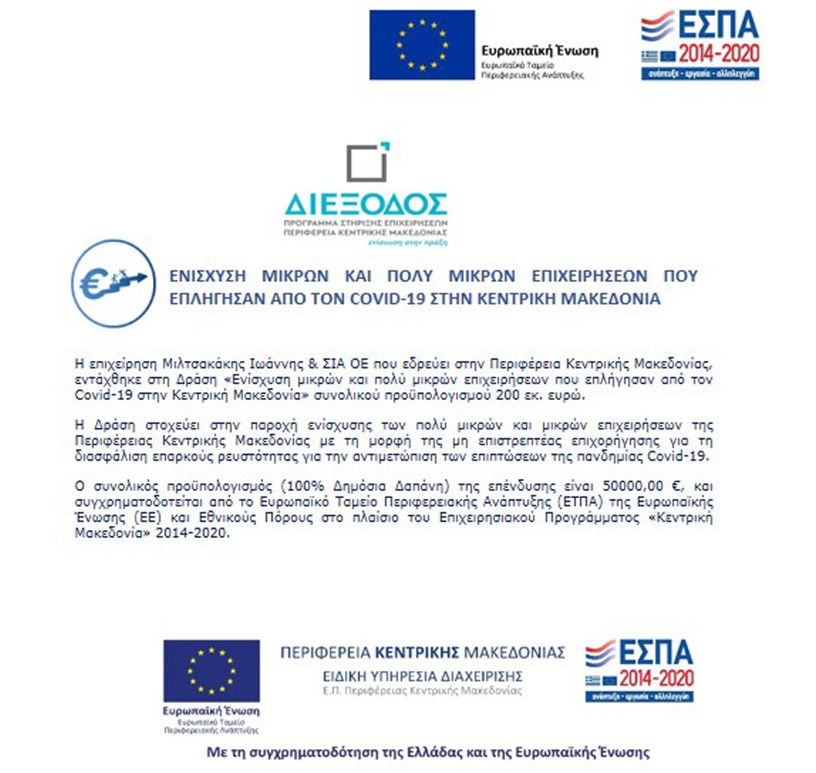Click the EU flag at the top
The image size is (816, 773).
(x=422, y=45)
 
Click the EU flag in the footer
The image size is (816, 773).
(x=211, y=669)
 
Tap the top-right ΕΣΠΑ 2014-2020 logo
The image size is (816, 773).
(x=700, y=45)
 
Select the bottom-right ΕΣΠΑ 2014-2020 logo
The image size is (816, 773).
(x=639, y=669)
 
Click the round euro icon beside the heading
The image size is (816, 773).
(x=113, y=283)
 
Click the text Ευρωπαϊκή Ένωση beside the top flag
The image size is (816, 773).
(x=539, y=50)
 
